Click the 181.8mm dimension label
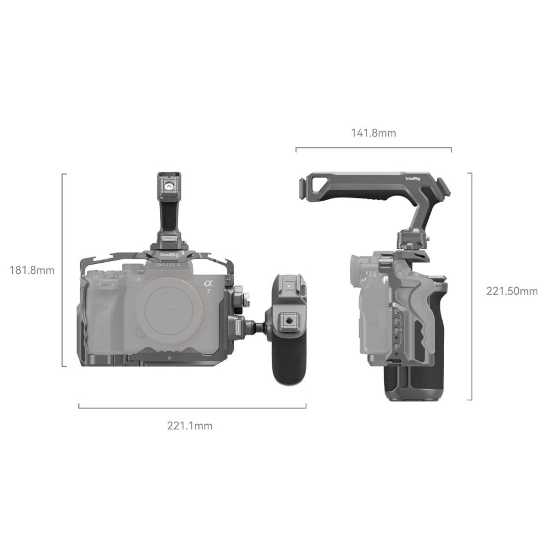click(x=32, y=270)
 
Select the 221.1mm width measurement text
click(x=190, y=426)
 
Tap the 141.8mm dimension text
click(x=373, y=133)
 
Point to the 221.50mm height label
click(x=512, y=291)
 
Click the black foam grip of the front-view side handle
click(x=288, y=363)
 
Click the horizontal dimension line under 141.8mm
click(x=373, y=149)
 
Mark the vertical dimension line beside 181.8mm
click(x=63, y=270)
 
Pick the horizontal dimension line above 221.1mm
click(x=192, y=408)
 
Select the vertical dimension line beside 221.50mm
click(x=470, y=286)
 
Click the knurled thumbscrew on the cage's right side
click(x=247, y=301)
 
